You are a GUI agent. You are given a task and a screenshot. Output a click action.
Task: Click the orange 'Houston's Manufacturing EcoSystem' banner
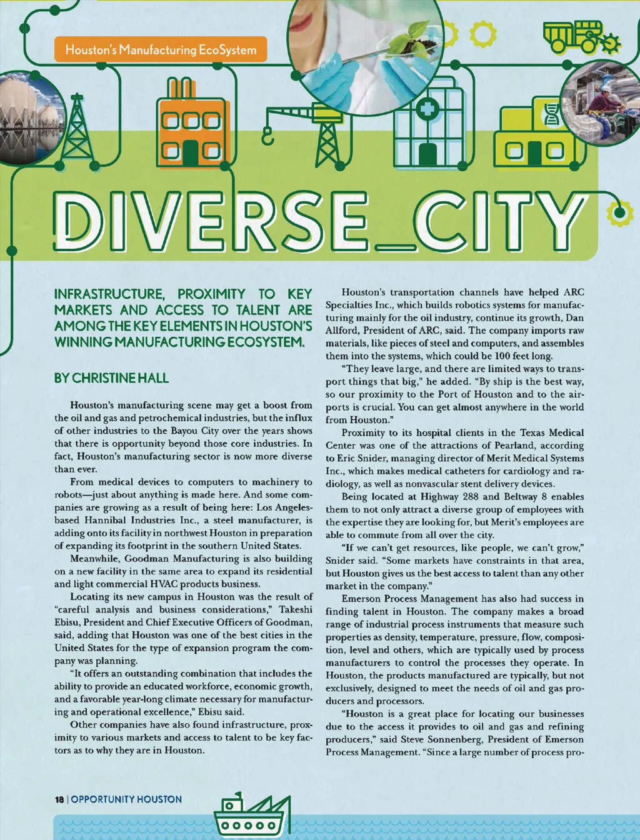tap(161, 49)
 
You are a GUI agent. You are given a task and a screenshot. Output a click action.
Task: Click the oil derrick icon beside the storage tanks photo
tap(77, 129)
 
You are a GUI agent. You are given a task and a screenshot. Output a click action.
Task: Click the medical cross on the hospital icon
tap(427, 110)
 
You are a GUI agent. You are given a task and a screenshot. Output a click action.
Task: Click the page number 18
tap(59, 799)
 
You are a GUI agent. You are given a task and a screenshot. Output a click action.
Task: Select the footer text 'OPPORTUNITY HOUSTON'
tap(126, 799)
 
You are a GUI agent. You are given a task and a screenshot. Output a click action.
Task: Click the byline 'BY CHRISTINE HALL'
tap(111, 378)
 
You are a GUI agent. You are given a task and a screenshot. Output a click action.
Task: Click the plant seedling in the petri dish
tap(400, 42)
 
